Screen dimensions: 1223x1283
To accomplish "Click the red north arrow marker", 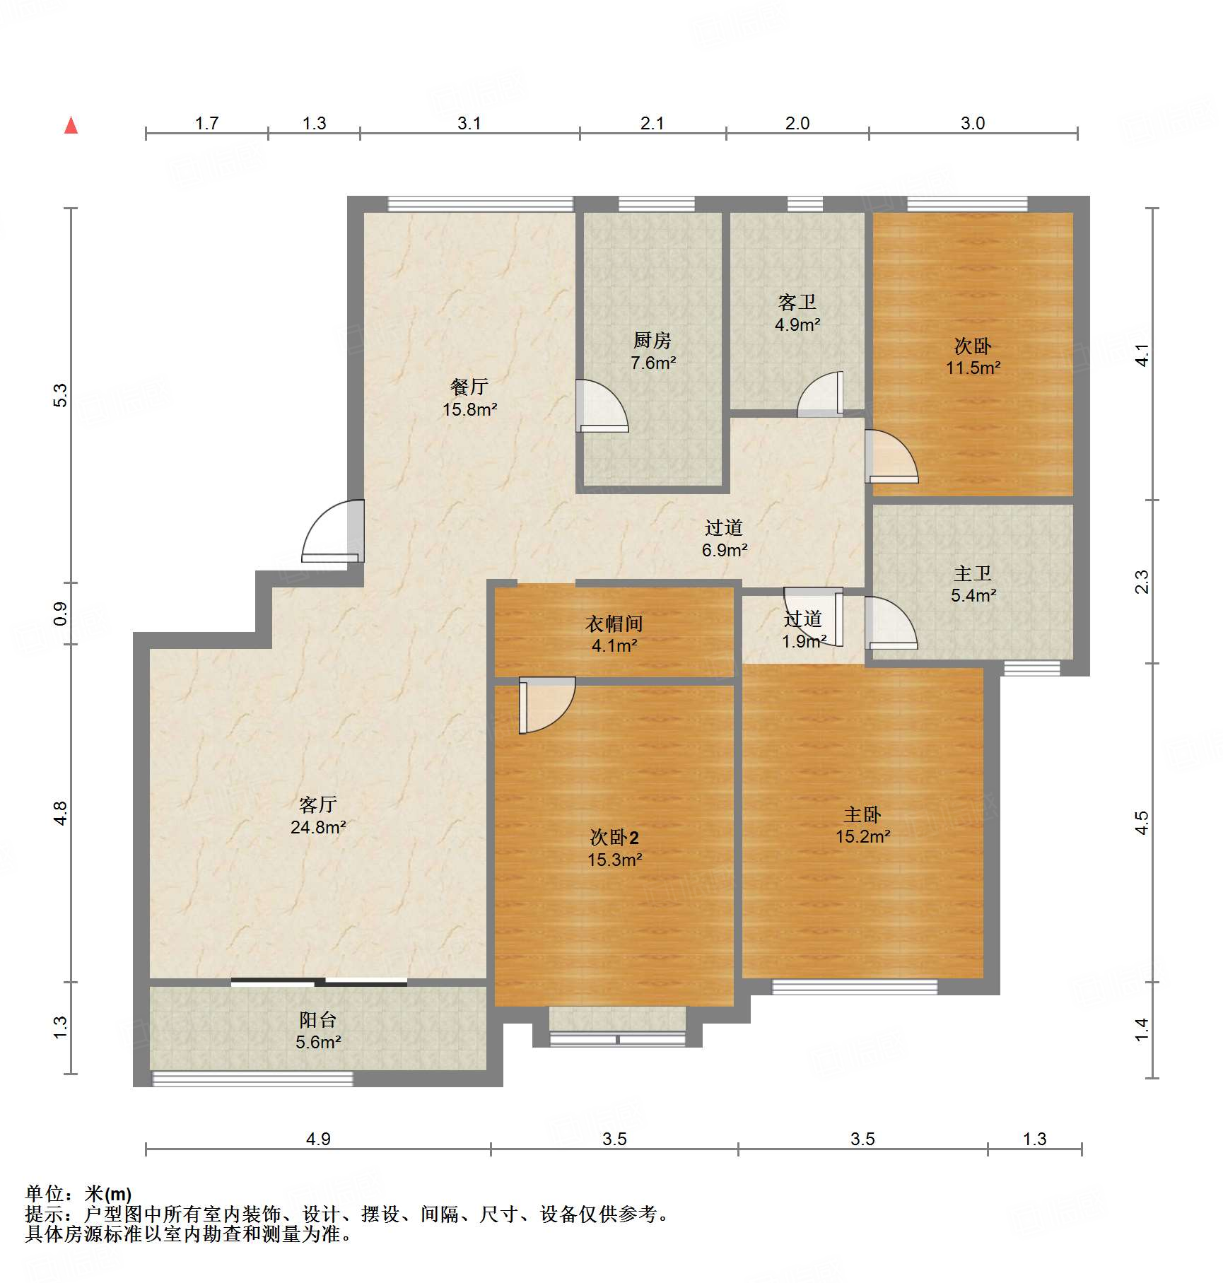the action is tap(71, 125).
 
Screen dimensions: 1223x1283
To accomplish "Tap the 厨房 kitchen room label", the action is tap(652, 341).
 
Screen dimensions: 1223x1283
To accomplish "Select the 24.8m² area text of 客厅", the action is tap(318, 827).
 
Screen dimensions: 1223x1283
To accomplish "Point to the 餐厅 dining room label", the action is tap(469, 387).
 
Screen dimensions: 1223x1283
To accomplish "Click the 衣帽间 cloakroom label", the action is tap(614, 623).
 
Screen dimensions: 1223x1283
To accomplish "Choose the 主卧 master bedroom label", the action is tap(862, 815).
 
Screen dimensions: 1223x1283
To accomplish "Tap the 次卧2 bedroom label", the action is tap(614, 838).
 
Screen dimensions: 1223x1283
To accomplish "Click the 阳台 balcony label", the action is tap(318, 1020).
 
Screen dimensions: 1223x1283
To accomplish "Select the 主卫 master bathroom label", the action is tap(973, 573).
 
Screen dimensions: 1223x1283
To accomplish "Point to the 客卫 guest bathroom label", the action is tap(797, 303).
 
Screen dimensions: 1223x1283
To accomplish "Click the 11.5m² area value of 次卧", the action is tap(973, 368).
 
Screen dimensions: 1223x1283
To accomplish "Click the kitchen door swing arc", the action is tap(602, 406).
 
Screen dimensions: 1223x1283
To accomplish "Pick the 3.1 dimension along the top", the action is tap(469, 124).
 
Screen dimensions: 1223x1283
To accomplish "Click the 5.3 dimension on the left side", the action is tap(61, 395).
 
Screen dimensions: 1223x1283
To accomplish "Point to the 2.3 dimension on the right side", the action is tap(1142, 582).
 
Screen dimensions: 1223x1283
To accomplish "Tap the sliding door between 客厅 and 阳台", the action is tap(319, 982).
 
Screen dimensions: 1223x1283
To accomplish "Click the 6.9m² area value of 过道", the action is tap(725, 550).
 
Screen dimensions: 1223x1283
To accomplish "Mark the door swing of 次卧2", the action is tap(547, 705).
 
